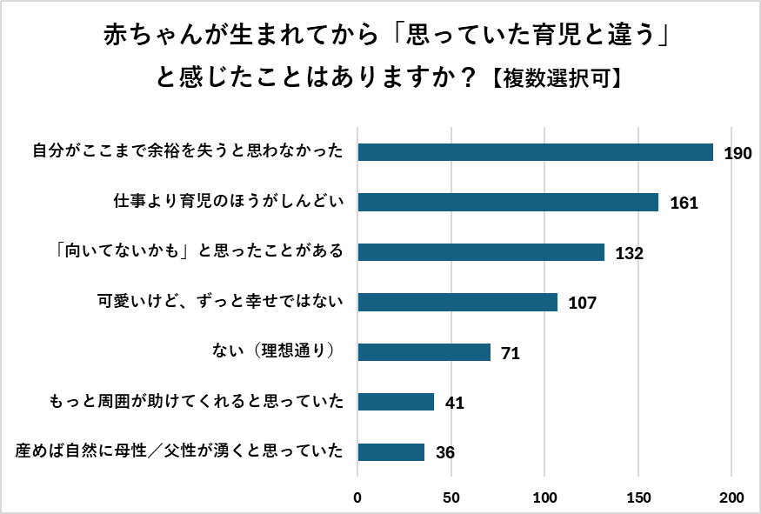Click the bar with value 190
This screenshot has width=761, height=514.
coord(535,152)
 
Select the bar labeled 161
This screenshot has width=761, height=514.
coord(508,203)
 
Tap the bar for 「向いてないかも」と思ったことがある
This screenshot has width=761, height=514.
coord(481,252)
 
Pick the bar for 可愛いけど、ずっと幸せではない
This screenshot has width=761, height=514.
coord(457,302)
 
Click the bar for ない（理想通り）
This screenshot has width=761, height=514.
coord(424,352)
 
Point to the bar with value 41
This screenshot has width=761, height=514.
coord(396,402)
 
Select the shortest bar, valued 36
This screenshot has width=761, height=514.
coord(391,452)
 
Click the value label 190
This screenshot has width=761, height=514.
coord(738,154)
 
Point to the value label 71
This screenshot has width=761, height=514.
coord(511,354)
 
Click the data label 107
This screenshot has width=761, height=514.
coord(582,304)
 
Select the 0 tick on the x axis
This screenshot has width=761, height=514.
coord(357,498)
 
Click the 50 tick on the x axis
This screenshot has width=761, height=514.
coord(451,498)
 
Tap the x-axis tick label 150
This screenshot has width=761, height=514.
coord(638,498)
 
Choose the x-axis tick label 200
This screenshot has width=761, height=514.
coord(731,498)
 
